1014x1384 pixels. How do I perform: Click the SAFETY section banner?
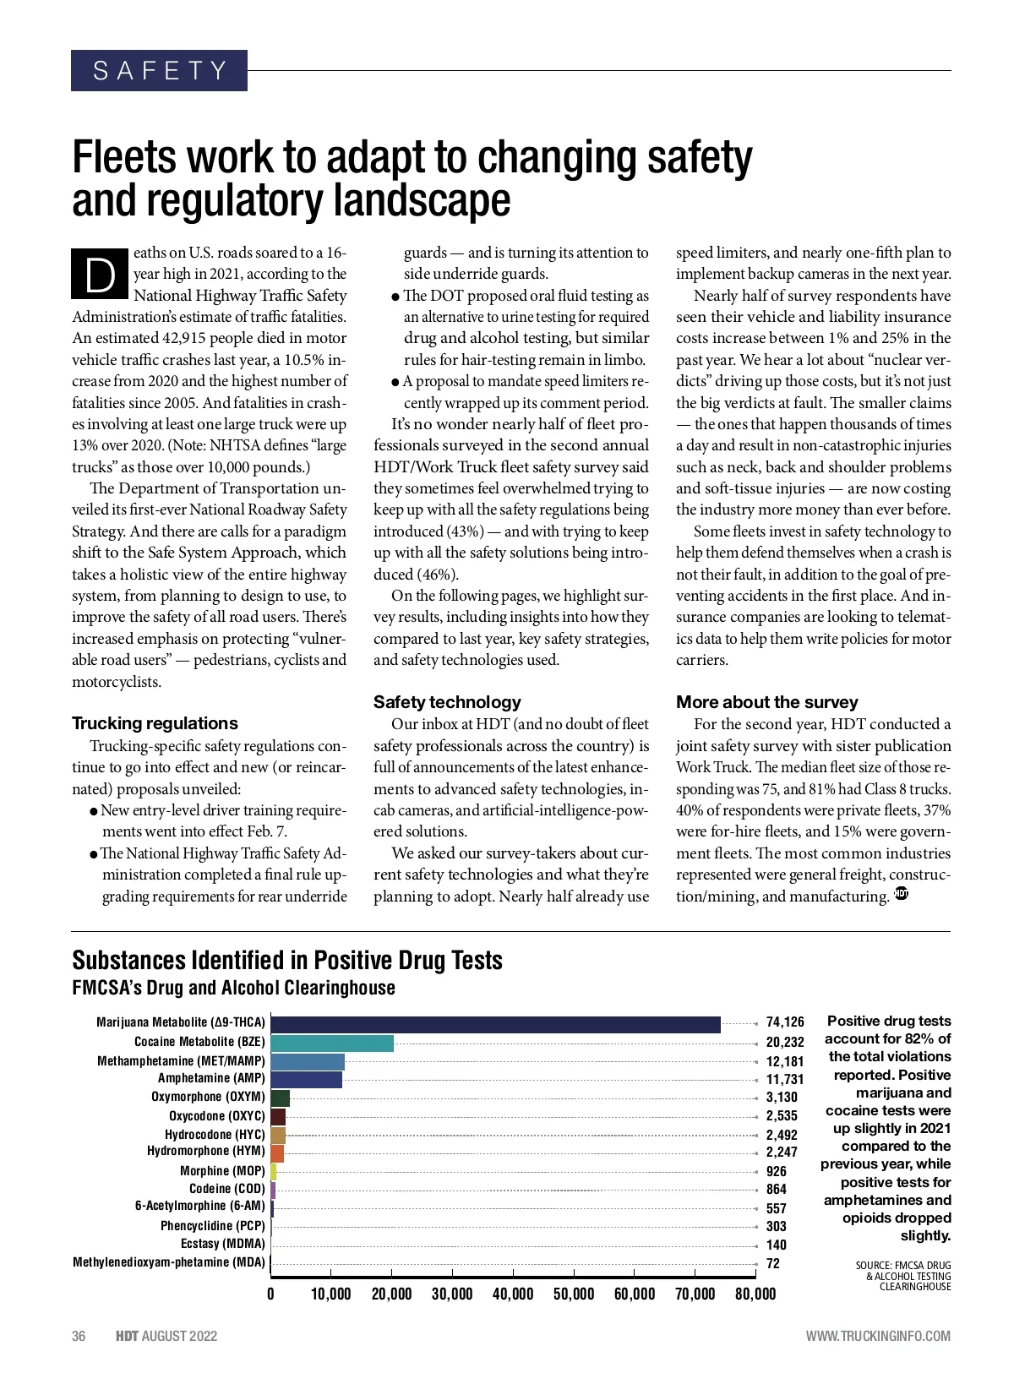pyautogui.click(x=159, y=70)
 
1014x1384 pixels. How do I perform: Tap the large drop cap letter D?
pyautogui.click(x=101, y=274)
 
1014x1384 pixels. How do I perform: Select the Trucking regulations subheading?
pyautogui.click(x=155, y=723)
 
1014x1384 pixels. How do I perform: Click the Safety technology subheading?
pyautogui.click(x=447, y=702)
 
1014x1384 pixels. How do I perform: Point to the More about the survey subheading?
pyautogui.click(x=766, y=702)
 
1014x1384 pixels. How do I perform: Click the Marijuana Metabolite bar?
pyautogui.click(x=495, y=1024)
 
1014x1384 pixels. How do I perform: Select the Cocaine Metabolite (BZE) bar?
pyautogui.click(x=332, y=1043)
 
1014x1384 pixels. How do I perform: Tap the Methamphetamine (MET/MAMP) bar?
pyautogui.click(x=308, y=1061)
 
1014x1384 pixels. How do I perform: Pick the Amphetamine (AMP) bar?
pyautogui.click(x=306, y=1079)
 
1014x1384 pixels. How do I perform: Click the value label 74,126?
pyautogui.click(x=785, y=1022)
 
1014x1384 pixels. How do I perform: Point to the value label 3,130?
pyautogui.click(x=782, y=1098)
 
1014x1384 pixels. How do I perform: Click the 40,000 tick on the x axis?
pyautogui.click(x=513, y=1294)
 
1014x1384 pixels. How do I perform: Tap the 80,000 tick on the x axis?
pyautogui.click(x=755, y=1294)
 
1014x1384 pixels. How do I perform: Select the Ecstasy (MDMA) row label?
pyautogui.click(x=223, y=1244)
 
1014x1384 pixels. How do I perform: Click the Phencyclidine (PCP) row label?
pyautogui.click(x=213, y=1225)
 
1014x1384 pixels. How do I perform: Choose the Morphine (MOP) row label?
pyautogui.click(x=222, y=1171)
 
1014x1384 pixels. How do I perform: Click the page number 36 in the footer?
pyautogui.click(x=79, y=1336)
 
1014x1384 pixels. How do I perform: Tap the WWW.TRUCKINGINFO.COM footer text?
pyautogui.click(x=878, y=1336)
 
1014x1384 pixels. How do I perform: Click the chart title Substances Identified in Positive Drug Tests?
pyautogui.click(x=287, y=961)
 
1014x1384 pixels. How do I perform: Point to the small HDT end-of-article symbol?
pyautogui.click(x=901, y=894)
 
